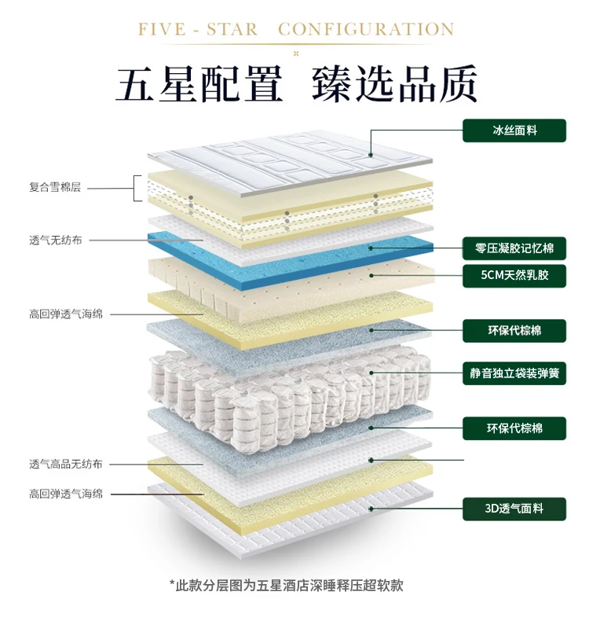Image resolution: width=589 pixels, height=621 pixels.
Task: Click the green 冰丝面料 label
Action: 514,130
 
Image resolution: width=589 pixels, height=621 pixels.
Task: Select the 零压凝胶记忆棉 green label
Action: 514,248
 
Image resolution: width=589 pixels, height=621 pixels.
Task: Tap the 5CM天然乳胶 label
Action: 514,276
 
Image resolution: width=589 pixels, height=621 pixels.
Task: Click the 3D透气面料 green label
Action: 514,509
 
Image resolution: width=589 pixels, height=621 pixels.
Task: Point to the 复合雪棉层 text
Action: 55,188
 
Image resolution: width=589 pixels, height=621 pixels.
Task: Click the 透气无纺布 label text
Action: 55,240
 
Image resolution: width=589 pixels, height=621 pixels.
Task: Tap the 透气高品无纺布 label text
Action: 66,464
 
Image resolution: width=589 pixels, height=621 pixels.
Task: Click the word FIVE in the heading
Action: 163,30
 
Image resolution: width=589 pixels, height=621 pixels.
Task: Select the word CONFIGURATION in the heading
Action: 366,30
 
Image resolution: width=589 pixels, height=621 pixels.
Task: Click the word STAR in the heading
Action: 232,30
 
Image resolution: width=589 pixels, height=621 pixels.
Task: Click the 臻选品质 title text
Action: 394,84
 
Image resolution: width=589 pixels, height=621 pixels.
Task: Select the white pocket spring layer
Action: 291,385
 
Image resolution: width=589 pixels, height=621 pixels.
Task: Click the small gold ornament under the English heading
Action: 294,53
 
